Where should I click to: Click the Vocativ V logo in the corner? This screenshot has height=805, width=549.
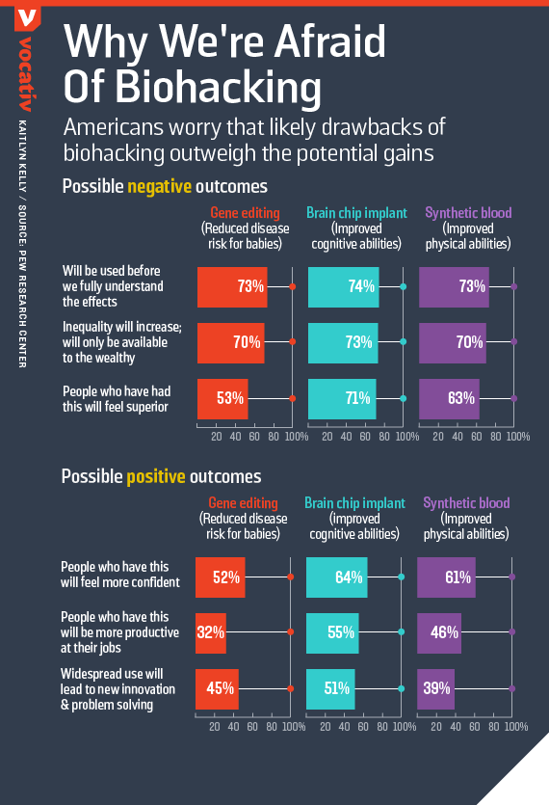click(28, 18)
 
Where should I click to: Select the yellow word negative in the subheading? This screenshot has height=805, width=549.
click(160, 186)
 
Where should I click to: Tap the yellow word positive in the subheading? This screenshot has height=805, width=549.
click(156, 476)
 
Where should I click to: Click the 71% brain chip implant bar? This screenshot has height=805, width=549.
click(342, 399)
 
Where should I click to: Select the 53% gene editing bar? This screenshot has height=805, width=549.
click(222, 399)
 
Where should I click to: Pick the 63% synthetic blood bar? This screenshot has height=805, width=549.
click(449, 399)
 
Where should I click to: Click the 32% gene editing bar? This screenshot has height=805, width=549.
click(210, 633)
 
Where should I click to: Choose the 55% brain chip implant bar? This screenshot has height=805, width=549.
click(332, 633)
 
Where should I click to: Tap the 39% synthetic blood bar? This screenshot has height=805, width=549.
click(435, 689)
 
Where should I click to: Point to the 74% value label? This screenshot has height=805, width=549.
click(361, 286)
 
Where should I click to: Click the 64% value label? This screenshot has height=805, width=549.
click(349, 577)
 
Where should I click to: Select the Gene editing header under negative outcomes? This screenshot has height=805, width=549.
click(246, 213)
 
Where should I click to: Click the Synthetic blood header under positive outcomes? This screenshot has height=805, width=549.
click(466, 503)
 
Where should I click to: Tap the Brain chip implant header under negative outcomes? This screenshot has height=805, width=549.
click(356, 213)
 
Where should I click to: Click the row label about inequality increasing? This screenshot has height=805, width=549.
click(122, 342)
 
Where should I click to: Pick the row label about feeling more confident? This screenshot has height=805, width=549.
click(120, 575)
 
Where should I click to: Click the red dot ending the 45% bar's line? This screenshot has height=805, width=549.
click(291, 689)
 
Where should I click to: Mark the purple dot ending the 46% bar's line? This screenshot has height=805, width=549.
click(512, 632)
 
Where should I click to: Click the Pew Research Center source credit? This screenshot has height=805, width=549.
click(22, 286)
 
